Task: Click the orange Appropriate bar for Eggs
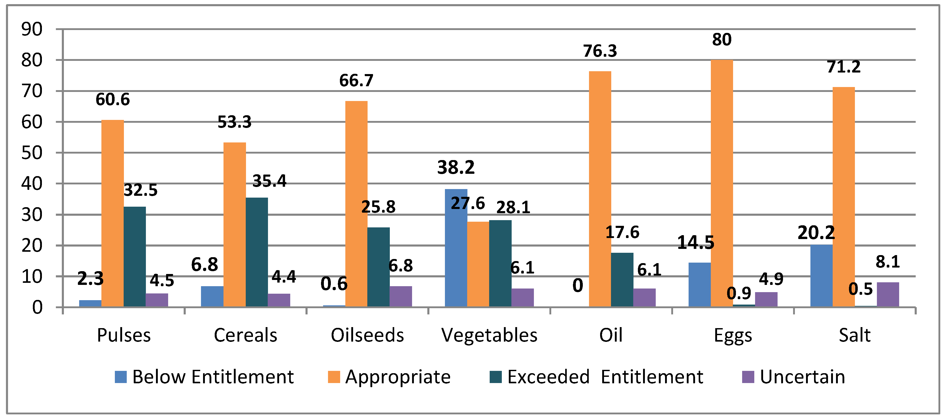pos(722,183)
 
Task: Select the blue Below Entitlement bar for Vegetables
pos(456,248)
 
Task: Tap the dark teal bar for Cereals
pos(257,252)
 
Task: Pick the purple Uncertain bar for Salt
pos(888,294)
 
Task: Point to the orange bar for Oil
pos(600,189)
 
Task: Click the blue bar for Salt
pos(821,276)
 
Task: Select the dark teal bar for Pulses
pos(135,257)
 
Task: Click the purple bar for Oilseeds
pos(401,297)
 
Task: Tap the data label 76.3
pos(600,51)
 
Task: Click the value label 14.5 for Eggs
pos(696,242)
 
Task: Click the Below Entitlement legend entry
pos(204,377)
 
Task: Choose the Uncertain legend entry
pos(794,377)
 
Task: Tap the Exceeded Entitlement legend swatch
pos(496,377)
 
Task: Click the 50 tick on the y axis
pos(32,153)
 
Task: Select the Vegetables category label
pos(489,335)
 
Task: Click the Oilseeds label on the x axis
pos(367,335)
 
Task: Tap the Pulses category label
pos(124,335)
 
